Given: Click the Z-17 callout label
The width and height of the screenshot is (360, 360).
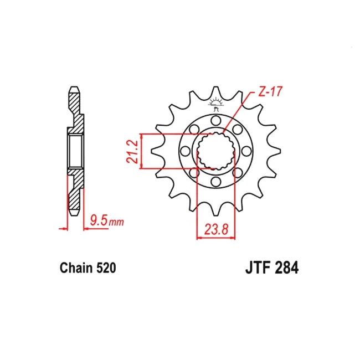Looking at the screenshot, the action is point(270,91).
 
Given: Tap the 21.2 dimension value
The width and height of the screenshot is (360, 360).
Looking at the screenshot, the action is point(132,151).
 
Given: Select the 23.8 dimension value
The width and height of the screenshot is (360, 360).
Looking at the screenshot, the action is point(216,229).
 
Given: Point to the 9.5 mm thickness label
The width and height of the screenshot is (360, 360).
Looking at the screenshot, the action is point(107,221).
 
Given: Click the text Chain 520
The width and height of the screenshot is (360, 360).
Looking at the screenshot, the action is point(88,268).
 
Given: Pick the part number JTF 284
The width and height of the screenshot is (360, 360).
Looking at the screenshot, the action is point(272,268).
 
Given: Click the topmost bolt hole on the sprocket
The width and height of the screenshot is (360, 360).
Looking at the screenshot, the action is point(215,120).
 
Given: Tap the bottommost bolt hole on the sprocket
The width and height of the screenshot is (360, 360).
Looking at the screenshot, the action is point(215,182).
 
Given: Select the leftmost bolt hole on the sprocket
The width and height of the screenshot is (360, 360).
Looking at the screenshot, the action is point(185,151).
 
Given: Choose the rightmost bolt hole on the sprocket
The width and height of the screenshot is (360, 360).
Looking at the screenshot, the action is point(246,151).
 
